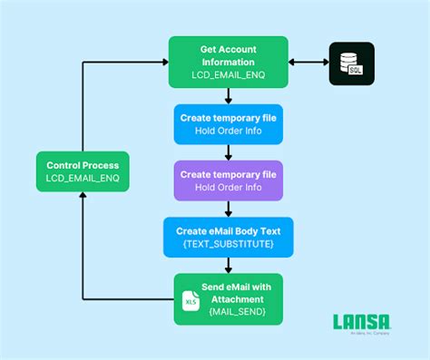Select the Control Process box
[x=82, y=171]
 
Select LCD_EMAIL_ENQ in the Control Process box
[x=82, y=180]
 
